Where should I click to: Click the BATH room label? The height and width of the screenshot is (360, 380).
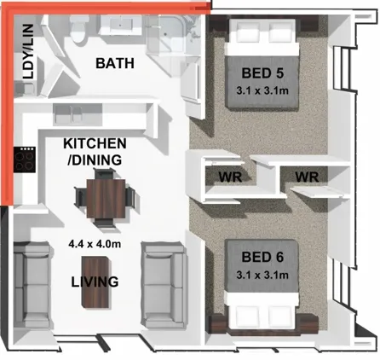click(x=115, y=63)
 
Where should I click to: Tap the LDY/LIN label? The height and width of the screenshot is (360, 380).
click(x=28, y=51)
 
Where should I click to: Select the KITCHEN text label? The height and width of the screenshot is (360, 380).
click(x=95, y=143)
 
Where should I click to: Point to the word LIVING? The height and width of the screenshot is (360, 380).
click(x=95, y=282)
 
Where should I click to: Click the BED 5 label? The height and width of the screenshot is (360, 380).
click(x=262, y=73)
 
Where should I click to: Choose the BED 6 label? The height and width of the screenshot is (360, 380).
click(x=262, y=257)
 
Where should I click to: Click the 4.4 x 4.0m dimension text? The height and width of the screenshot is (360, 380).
click(x=95, y=244)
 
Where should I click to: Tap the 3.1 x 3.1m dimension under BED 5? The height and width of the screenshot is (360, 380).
click(x=262, y=90)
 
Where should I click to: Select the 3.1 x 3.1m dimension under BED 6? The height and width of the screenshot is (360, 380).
click(x=262, y=275)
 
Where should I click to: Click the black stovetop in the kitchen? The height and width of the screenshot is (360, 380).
click(x=25, y=160)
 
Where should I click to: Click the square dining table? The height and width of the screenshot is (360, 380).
click(x=106, y=199)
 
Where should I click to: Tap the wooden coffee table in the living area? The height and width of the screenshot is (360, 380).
click(x=95, y=282)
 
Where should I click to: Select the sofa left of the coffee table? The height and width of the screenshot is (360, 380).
click(x=32, y=285)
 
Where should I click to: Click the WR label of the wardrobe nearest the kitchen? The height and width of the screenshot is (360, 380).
click(x=230, y=177)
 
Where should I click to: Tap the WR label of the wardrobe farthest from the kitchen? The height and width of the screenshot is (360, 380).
click(x=307, y=177)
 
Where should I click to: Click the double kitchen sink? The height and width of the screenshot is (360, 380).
click(x=68, y=114)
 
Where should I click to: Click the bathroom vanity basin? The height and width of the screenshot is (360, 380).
click(x=121, y=25)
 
